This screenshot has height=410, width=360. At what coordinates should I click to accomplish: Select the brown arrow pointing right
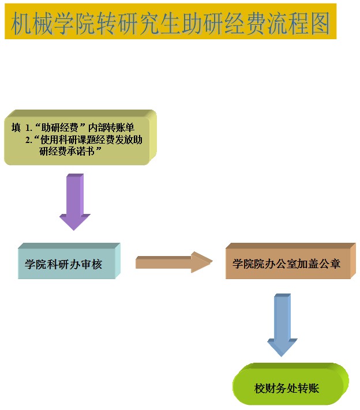point(174,262)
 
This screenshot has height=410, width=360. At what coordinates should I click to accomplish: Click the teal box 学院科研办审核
point(68,264)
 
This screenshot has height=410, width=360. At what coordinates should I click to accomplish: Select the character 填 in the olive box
point(16,127)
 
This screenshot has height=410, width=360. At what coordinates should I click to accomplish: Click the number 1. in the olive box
point(28,127)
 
